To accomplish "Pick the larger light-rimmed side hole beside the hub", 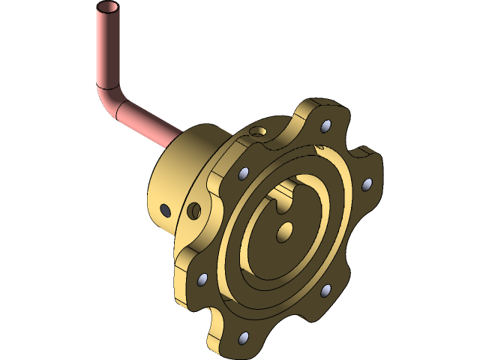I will [194, 210].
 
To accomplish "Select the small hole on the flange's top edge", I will [259, 132].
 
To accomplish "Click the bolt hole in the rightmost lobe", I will [367, 183].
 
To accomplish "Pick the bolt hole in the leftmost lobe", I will [202, 280].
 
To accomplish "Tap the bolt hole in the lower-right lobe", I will [325, 289].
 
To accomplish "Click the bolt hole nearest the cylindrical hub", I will [242, 174].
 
